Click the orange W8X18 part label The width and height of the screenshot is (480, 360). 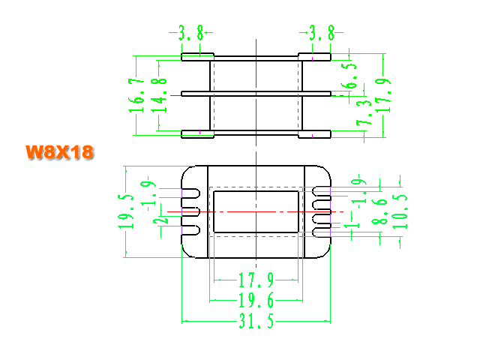pos(60,151)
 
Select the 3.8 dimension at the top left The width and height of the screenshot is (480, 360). pos(191,33)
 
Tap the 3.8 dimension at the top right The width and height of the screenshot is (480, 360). pos(322,33)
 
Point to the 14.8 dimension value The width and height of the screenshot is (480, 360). pos(159,95)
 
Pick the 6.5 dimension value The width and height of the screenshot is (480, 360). pos(349,76)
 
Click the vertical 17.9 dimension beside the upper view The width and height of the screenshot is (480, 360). pos(383,95)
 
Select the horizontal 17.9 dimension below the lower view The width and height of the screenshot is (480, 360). pos(256,280)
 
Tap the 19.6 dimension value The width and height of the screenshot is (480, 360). pos(256,300)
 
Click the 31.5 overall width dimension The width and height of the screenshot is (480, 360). pos(256,321)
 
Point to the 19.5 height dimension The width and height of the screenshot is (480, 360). pos(126,211)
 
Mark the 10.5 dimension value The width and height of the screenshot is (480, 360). pos(400,211)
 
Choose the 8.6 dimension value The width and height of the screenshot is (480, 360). pos(379,211)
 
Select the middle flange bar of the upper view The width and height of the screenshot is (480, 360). pos(256,94)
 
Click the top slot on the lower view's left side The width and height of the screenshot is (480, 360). pos(190,193)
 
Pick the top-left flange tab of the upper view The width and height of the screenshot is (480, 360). pos(197,57)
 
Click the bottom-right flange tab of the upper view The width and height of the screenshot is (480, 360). pos(315,134)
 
